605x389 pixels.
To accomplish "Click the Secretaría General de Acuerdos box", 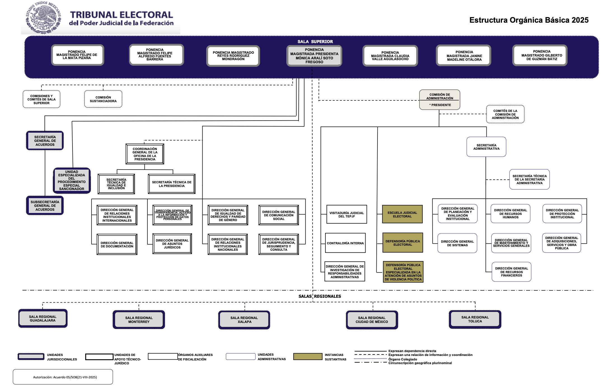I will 45,141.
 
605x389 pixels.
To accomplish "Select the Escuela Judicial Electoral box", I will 402,214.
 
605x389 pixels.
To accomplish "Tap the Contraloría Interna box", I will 345,243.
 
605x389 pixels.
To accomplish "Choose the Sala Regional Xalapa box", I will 244,320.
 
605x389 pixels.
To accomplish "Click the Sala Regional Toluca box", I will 475,319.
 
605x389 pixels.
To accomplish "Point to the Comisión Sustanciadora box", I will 103,99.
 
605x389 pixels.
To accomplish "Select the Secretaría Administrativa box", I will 486,147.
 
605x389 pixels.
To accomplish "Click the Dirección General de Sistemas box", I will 457,243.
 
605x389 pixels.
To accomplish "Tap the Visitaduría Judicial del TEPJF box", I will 346,214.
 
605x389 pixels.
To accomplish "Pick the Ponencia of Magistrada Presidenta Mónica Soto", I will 314,56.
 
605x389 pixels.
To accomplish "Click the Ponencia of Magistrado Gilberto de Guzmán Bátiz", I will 541,55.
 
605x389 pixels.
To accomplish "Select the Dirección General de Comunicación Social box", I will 278,215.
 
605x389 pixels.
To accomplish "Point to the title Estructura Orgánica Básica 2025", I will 529,20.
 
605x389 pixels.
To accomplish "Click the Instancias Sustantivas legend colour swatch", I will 308,357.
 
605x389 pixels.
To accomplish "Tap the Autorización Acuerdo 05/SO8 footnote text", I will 65,377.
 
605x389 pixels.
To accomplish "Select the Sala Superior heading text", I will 315,42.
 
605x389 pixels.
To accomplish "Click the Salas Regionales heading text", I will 320,296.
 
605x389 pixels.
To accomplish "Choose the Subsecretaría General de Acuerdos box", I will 45,206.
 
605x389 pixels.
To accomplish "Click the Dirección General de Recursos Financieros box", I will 511,272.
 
